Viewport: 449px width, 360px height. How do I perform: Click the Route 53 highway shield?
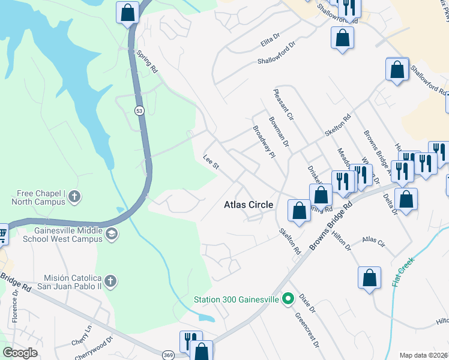(x=139, y=110)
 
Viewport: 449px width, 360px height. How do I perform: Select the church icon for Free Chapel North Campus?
(x=74, y=196)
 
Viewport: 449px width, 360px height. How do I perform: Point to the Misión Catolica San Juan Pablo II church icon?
(x=110, y=281)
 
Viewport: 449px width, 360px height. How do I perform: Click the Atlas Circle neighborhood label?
(x=249, y=205)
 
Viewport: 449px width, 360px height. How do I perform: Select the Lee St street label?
(x=209, y=163)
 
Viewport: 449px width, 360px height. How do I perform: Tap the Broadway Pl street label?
(x=263, y=142)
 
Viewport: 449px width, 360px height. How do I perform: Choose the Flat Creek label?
(x=403, y=272)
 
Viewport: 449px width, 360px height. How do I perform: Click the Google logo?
(x=20, y=352)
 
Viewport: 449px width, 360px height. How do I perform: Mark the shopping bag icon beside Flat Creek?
(x=369, y=278)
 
